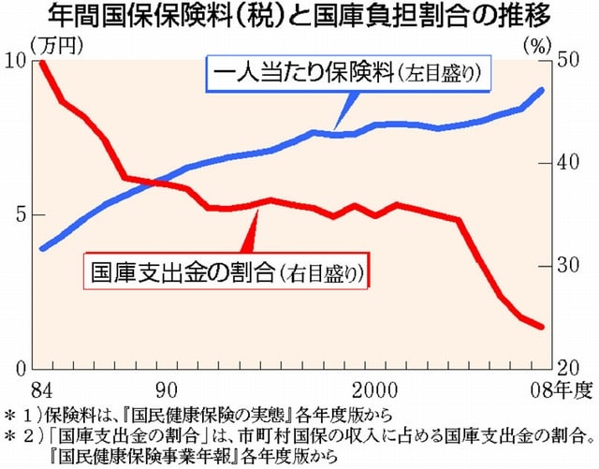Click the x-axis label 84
(x=40, y=388)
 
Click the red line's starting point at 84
(x=41, y=62)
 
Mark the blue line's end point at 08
(x=542, y=90)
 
